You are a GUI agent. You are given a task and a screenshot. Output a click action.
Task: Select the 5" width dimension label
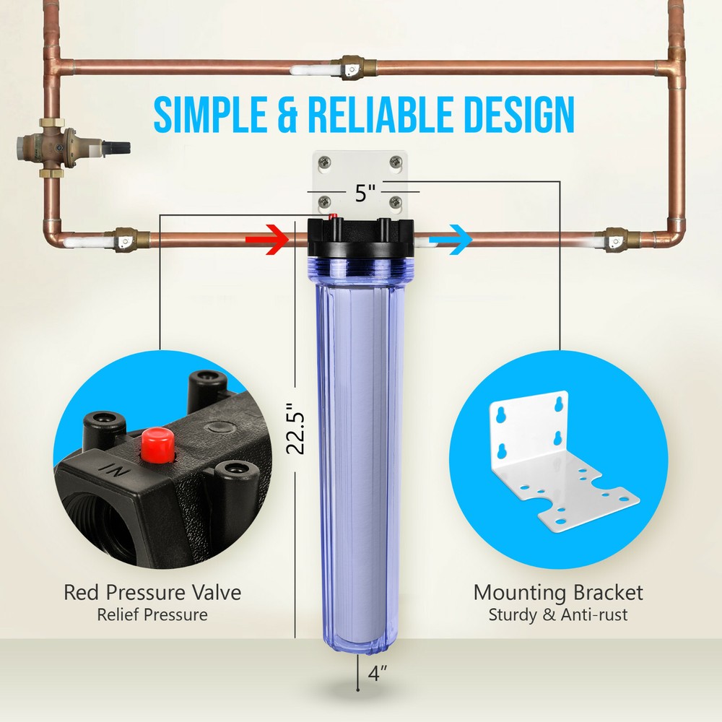365,193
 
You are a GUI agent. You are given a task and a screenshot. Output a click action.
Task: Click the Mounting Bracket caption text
558,593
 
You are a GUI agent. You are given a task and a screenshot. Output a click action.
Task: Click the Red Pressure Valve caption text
152,593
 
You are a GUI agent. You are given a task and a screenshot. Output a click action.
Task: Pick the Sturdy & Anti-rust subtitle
557,615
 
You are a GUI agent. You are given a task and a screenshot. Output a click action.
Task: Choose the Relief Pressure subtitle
152,615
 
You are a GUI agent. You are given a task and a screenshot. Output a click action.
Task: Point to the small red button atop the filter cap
332,217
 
